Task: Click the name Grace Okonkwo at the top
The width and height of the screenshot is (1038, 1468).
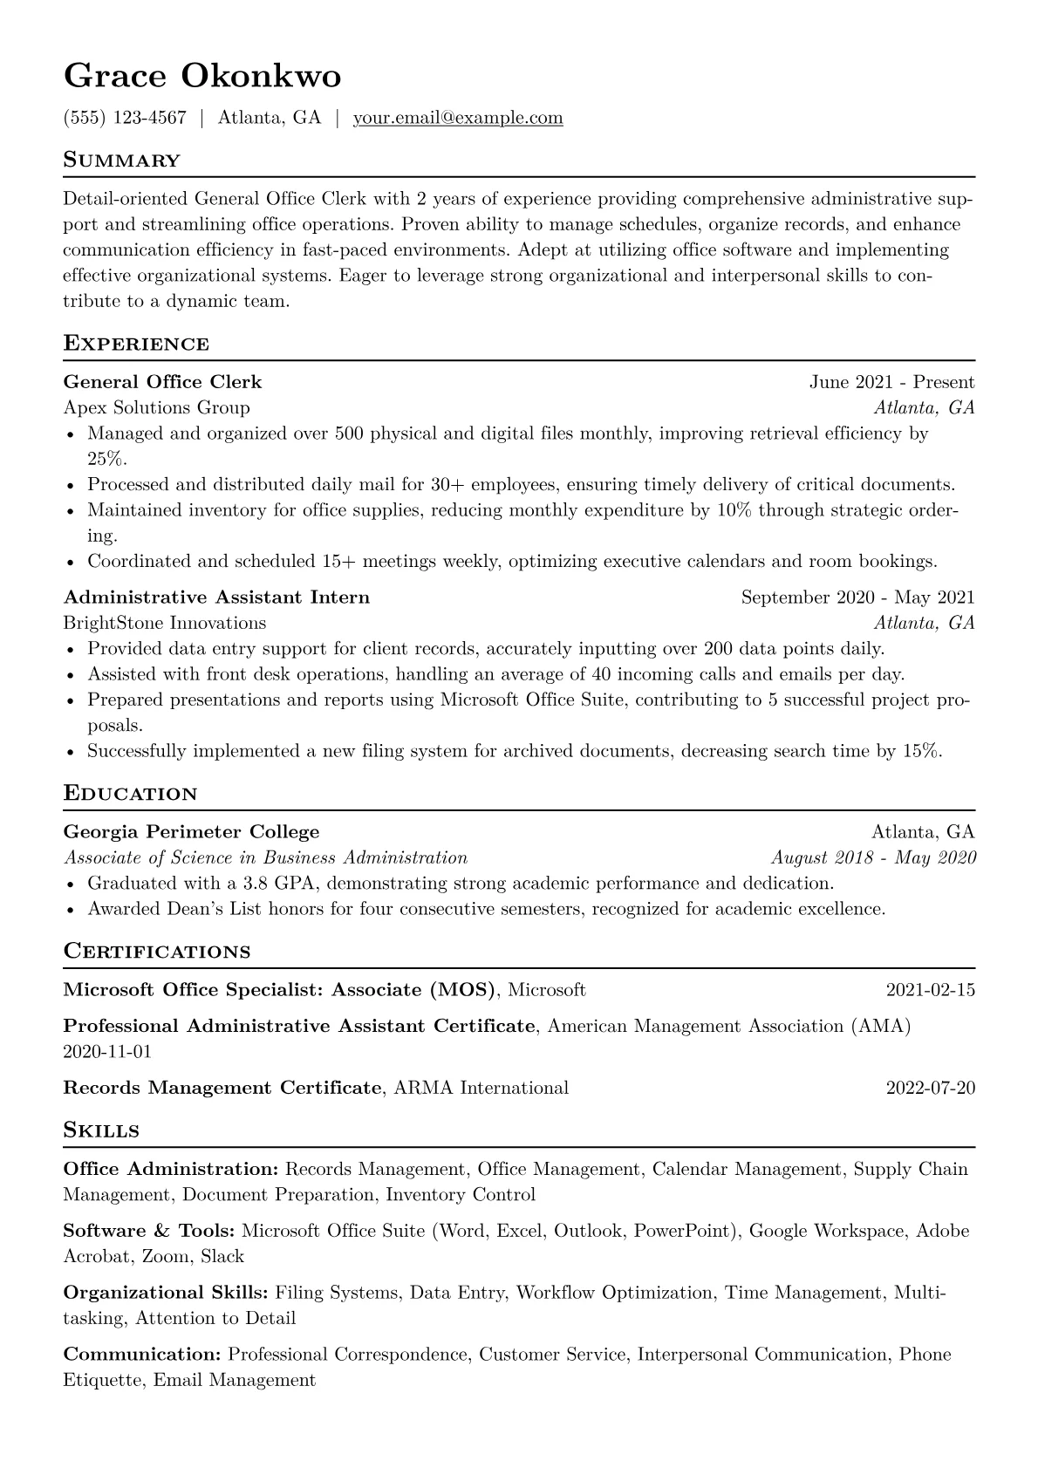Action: (x=202, y=77)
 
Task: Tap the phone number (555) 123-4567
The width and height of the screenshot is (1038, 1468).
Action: (x=125, y=118)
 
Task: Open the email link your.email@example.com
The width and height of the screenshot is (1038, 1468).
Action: (x=458, y=118)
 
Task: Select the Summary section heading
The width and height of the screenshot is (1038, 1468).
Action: (x=122, y=160)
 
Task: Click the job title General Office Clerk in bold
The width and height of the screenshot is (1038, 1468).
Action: (x=162, y=382)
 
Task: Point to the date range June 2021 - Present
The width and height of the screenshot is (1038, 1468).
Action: (x=891, y=382)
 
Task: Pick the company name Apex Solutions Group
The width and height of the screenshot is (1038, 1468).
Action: (x=157, y=407)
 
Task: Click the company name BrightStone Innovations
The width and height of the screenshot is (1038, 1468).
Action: (x=165, y=623)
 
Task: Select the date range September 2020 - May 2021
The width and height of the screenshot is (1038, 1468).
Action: (x=857, y=597)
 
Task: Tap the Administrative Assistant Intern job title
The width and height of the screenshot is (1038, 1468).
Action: (x=216, y=597)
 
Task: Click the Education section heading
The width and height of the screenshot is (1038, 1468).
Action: (x=131, y=794)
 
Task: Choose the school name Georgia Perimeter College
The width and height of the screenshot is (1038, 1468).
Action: (x=192, y=832)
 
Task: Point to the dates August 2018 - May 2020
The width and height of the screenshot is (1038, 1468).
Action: (x=873, y=857)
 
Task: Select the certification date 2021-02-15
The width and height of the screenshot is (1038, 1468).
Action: (x=930, y=990)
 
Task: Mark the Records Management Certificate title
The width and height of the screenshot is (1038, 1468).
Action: (x=223, y=1088)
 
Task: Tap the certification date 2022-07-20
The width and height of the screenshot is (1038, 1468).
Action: (x=930, y=1088)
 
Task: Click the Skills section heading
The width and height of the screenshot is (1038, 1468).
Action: (x=102, y=1131)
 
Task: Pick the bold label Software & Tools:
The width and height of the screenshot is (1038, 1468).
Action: (x=149, y=1231)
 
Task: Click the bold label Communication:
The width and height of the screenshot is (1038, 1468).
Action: (x=143, y=1355)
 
